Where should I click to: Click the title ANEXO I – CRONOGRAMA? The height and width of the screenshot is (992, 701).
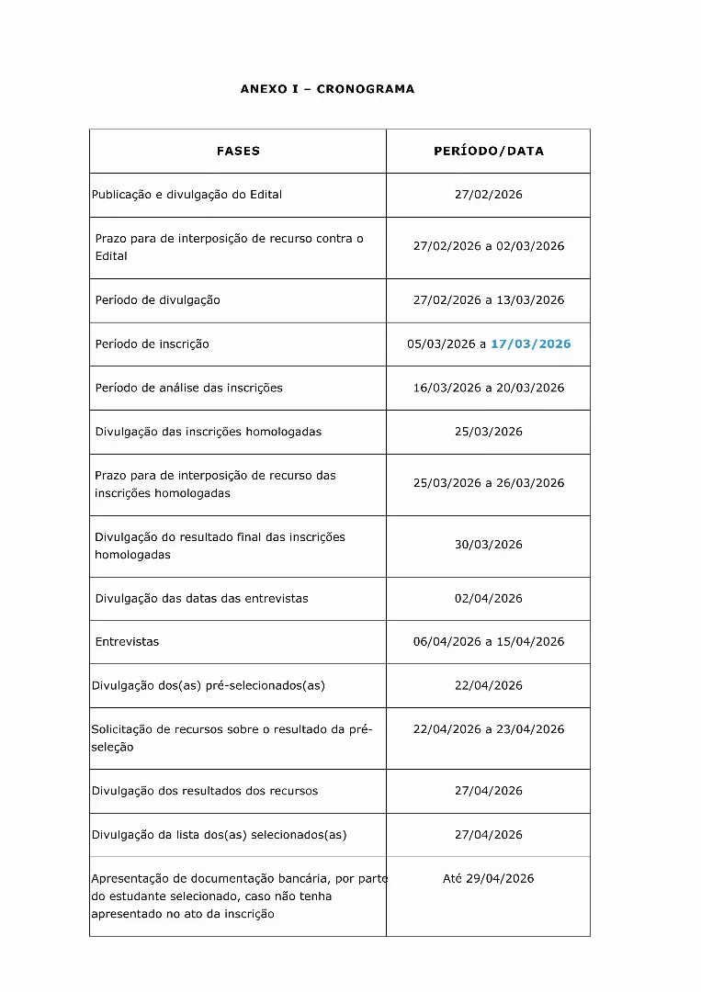[x=327, y=89]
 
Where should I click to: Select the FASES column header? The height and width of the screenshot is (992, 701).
[x=238, y=151]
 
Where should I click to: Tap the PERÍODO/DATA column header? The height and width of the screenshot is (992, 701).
[x=489, y=151]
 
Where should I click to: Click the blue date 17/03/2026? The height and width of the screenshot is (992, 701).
[x=530, y=344]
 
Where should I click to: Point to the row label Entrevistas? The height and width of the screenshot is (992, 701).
[x=127, y=642]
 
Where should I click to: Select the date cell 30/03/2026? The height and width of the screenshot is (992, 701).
[x=489, y=545]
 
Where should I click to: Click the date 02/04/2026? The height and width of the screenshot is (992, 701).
[x=489, y=599]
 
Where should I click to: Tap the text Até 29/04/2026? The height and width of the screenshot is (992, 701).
[x=489, y=879]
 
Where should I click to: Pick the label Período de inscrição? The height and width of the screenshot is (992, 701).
[x=153, y=344]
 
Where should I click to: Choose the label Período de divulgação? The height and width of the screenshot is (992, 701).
[x=158, y=300]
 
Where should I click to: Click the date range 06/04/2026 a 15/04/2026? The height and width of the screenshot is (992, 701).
[x=489, y=642]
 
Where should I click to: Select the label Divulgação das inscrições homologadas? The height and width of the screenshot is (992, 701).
[x=209, y=432]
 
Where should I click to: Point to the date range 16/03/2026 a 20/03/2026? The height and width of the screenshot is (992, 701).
[x=489, y=388]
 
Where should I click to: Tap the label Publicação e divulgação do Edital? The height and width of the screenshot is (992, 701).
[x=187, y=195]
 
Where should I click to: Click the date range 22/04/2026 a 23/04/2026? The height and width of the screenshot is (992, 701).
[x=489, y=729]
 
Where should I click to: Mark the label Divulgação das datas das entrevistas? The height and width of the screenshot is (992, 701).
[x=202, y=599]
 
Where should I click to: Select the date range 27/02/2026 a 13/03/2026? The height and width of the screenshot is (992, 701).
[x=489, y=300]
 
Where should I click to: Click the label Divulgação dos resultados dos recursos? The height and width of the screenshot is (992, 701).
[x=205, y=791]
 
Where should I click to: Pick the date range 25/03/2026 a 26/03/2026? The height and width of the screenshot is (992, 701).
[x=489, y=483]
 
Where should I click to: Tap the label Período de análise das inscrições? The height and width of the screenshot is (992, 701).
[x=189, y=388]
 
